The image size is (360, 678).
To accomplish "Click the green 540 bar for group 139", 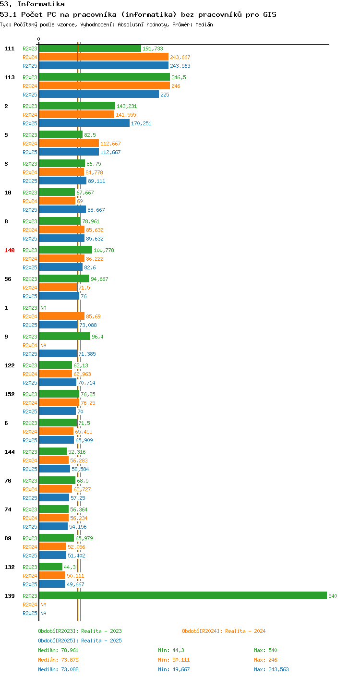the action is [183, 595].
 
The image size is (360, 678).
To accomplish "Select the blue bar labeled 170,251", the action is [84, 123].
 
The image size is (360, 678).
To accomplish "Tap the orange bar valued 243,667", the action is [104, 57].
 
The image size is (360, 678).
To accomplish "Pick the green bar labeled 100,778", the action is [66, 250].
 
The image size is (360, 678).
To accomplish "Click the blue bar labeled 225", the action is [99, 94].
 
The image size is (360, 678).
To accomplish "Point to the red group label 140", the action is [10, 250].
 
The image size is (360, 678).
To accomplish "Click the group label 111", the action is [10, 48].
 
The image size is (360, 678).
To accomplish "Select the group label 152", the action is [10, 394].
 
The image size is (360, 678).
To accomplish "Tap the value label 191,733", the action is [153, 48].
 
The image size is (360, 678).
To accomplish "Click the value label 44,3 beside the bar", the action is [70, 567].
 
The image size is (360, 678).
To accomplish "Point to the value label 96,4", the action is [97, 337].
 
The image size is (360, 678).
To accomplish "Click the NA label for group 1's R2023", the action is [44, 308].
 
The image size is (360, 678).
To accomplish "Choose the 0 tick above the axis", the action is [39, 39].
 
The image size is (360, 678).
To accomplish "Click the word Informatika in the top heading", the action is [41, 4].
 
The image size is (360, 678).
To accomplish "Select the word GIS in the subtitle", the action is [270, 14].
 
